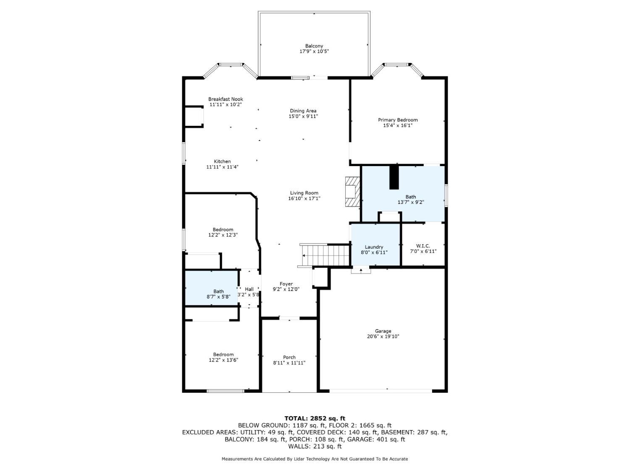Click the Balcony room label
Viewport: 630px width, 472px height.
tap(314, 46)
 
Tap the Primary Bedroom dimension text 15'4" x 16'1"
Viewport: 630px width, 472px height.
tap(397, 125)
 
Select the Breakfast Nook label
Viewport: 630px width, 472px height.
tap(226, 99)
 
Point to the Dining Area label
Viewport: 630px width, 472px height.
tap(303, 111)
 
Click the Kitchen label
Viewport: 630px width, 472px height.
tap(222, 162)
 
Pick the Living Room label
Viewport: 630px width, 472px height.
tap(304, 193)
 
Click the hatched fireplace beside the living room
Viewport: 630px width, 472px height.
tap(352, 191)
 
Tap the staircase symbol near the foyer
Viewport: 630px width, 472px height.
tap(325, 255)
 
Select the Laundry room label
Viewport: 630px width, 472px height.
tap(374, 247)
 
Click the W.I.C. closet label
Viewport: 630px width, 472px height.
tap(423, 246)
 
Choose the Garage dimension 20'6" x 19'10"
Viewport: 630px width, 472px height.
tap(383, 336)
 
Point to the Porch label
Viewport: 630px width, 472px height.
tap(289, 357)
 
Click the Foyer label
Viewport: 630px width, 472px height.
tap(286, 284)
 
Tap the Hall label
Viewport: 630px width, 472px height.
tap(249, 289)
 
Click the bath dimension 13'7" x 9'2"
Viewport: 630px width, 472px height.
tap(411, 202)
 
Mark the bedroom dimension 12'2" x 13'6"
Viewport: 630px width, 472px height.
tap(223, 360)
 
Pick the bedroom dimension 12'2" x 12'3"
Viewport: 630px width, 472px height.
tap(223, 235)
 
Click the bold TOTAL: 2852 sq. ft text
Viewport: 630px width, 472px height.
tap(315, 418)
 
